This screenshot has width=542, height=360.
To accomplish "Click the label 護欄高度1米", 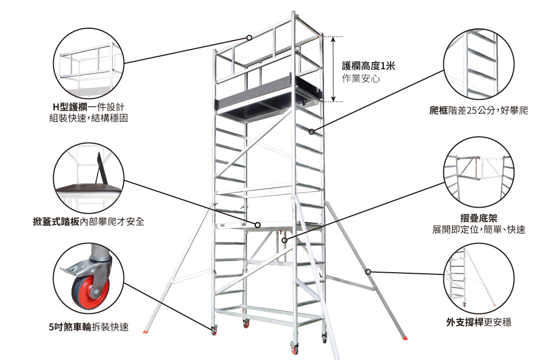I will pyautogui.click(x=369, y=66).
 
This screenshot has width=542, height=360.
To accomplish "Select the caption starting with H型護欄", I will pyautogui.click(x=88, y=107).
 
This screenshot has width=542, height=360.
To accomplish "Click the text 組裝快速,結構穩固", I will pyautogui.click(x=88, y=118).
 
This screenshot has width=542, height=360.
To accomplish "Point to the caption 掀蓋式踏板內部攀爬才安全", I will pyautogui.click(x=88, y=222).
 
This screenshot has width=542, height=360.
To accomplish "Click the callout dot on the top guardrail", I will pyautogui.click(x=249, y=38).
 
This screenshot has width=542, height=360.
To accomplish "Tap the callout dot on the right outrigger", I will pyautogui.click(x=368, y=271).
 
